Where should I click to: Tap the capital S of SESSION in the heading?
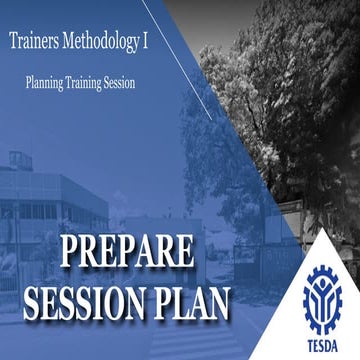(x=38, y=300)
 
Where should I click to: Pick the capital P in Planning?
(x=29, y=84)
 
